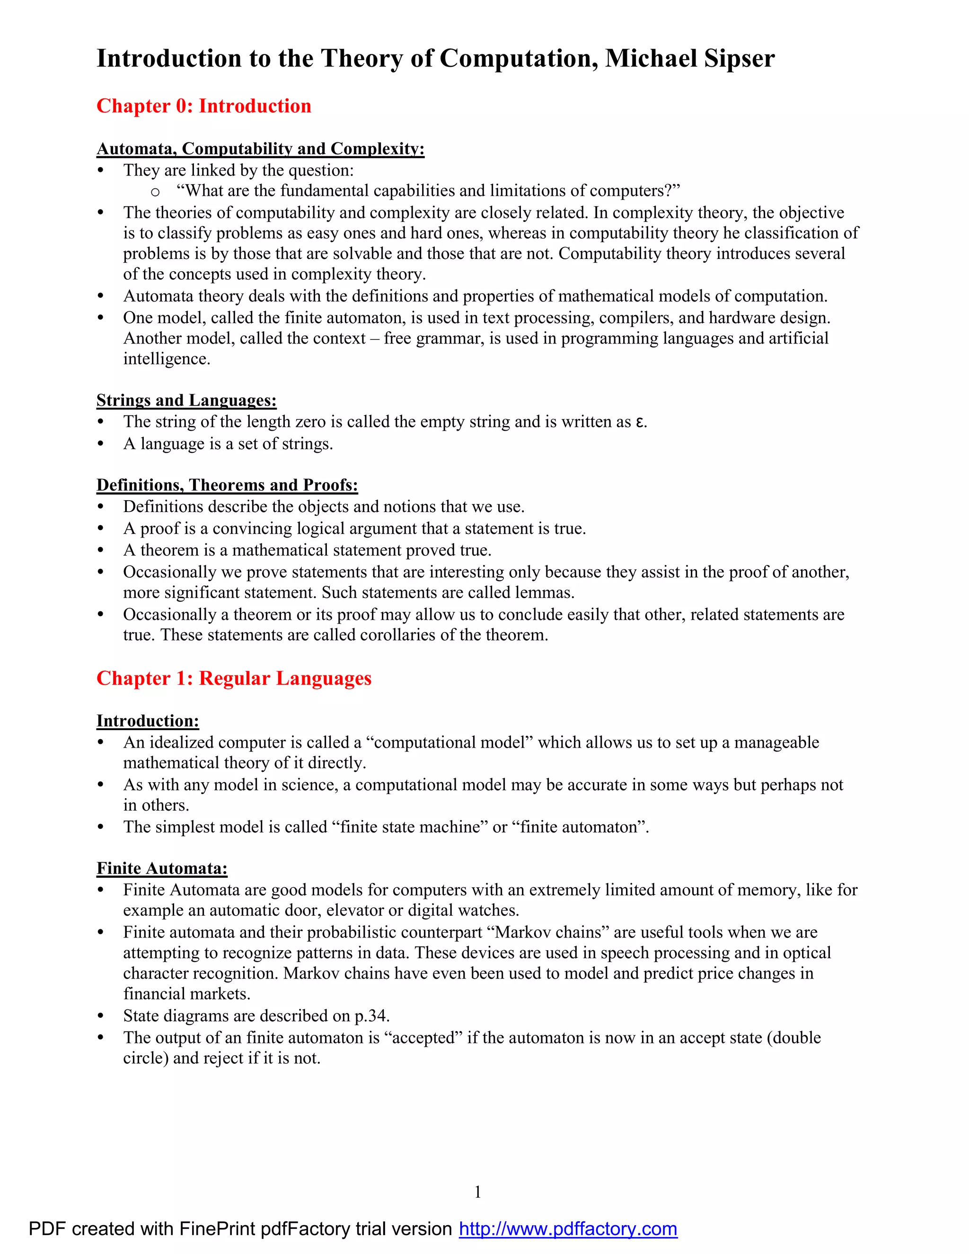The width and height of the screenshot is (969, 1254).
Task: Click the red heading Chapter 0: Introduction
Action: pos(204,106)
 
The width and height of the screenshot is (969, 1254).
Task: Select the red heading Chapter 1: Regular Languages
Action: pos(234,678)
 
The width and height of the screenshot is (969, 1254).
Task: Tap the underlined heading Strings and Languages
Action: pos(186,400)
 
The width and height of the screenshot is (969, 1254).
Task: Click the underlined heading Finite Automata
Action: pos(162,868)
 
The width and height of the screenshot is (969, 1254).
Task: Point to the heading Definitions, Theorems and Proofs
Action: pos(227,485)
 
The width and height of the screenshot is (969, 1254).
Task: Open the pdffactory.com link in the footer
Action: pos(568,1229)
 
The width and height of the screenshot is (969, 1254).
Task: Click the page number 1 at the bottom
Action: pos(477,1192)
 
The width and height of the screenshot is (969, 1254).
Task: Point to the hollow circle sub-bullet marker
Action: pos(155,192)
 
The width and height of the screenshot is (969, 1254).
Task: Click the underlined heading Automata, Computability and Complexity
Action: pos(260,149)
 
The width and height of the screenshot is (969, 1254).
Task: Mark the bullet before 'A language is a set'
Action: pos(101,444)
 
